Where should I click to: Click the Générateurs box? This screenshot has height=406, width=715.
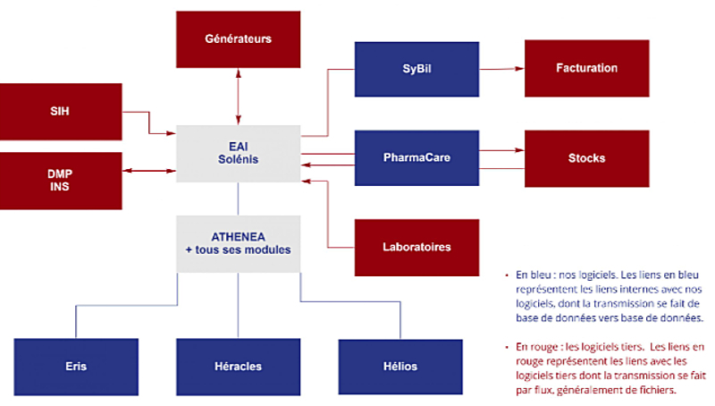tap(238, 39)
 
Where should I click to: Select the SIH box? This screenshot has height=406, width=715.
tap(61, 112)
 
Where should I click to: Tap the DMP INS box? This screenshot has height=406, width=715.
tap(61, 180)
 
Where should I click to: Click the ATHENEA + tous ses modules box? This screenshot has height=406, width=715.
tap(238, 242)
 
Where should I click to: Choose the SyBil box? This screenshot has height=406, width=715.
tap(416, 69)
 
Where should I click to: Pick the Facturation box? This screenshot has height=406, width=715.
tap(586, 68)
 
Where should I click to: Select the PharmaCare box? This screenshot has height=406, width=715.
tap(416, 158)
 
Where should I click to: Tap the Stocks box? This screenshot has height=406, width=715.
tap(586, 158)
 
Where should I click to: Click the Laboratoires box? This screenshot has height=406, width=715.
tap(416, 247)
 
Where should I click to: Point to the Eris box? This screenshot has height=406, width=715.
tap(75, 366)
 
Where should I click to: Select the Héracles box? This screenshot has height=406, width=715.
tap(238, 366)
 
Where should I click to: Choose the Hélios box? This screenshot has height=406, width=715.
tap(399, 366)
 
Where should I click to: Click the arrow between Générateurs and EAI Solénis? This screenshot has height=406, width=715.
tap(238, 94)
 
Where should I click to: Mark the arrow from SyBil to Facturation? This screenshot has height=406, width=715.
tap(500, 68)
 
